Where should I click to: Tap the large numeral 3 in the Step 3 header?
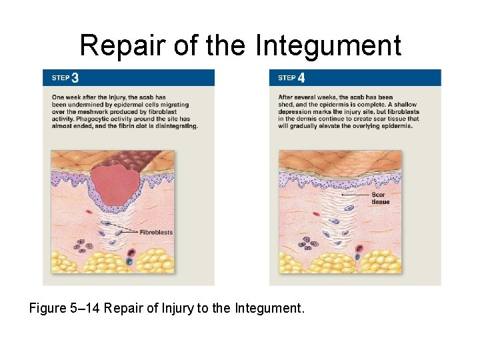pyautogui.click(x=75, y=78)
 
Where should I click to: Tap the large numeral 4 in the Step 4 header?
pyautogui.click(x=301, y=78)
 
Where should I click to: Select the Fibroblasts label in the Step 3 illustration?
pyautogui.click(x=155, y=233)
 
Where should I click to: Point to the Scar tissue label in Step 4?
pyautogui.click(x=381, y=198)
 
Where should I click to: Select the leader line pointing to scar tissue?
pyautogui.click(x=351, y=194)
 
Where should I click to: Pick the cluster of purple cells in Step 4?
pyautogui.click(x=311, y=243)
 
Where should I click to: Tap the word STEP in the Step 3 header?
pyautogui.click(x=61, y=78)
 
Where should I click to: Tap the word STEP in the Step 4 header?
pyautogui.click(x=287, y=78)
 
